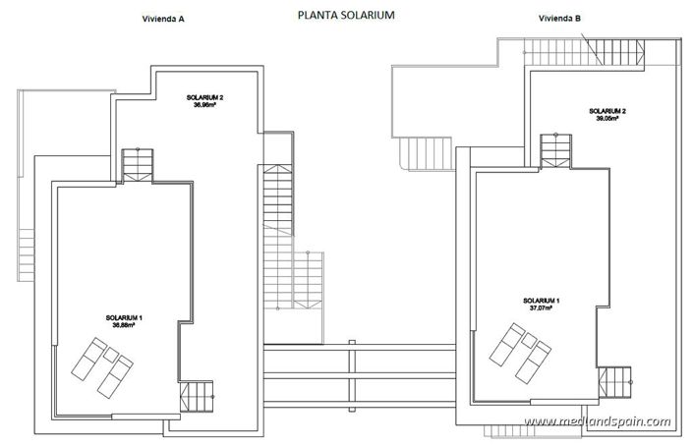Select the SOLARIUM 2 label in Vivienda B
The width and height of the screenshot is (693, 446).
pyautogui.click(x=607, y=111)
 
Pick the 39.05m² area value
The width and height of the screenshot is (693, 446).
pyautogui.click(x=607, y=119)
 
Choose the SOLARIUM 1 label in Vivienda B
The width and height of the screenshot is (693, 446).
pyautogui.click(x=542, y=300)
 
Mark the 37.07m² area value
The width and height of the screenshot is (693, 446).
pyautogui.click(x=542, y=307)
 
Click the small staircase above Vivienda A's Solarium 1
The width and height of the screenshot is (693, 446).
pyautogui.click(x=138, y=164)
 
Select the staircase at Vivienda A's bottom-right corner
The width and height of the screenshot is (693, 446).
pyautogui.click(x=197, y=397)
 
